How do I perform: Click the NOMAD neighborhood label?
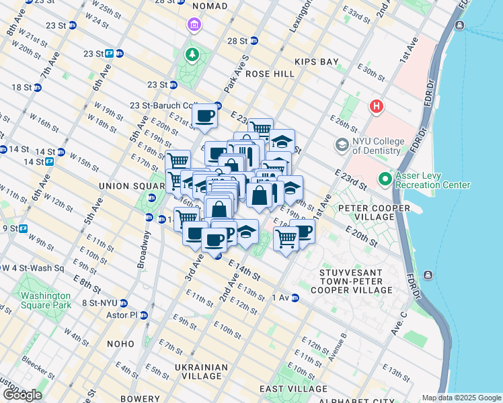pos(206,6)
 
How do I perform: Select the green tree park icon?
pos(194,54)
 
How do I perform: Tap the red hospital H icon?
pos(377,107)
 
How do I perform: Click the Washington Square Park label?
pos(45,300)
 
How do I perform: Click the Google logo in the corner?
pos(22,395)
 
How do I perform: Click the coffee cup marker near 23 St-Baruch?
pos(204,115)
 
